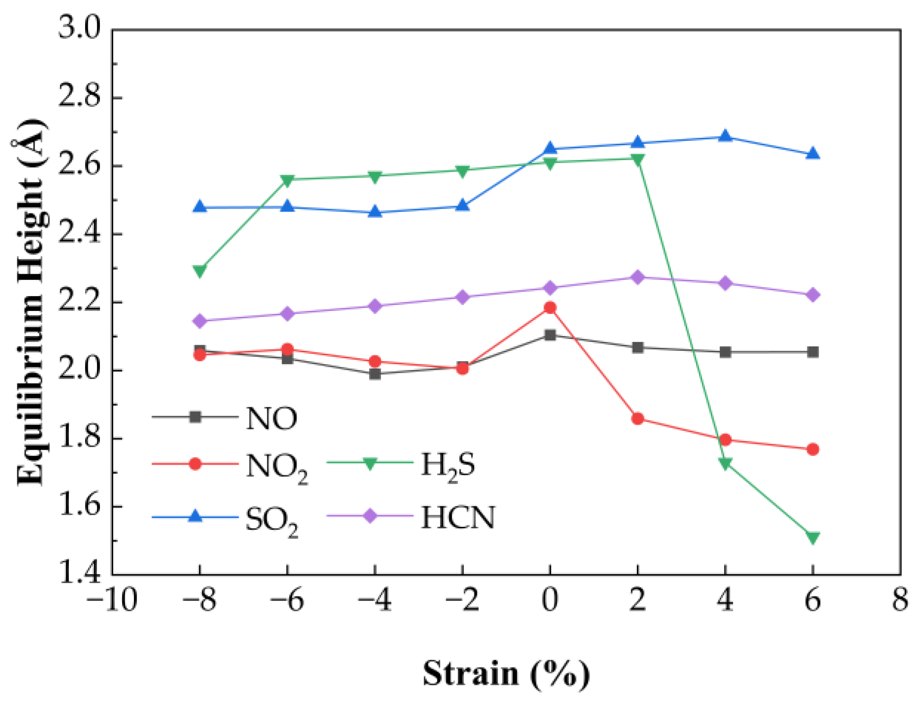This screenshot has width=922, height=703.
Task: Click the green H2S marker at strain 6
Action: pos(813,537)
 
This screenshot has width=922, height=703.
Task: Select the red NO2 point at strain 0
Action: pos(550,308)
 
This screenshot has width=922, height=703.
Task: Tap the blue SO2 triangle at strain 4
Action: pos(725,136)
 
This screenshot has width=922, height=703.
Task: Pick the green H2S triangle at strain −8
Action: pos(200,271)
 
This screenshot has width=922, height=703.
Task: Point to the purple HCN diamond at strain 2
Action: pos(637,277)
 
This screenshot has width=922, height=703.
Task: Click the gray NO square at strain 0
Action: pos(550,336)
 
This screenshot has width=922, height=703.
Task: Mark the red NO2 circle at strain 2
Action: pos(637,419)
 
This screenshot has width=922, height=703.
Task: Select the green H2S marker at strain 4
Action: pos(725,463)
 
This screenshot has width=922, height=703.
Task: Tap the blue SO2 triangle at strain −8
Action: pos(200,207)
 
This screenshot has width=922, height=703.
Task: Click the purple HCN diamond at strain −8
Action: pos(200,321)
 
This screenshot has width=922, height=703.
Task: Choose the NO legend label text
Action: pos(271,419)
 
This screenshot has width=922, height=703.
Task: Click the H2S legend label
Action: pos(448,465)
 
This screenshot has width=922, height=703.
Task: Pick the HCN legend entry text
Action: pos(458,518)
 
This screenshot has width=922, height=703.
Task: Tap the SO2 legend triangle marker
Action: pos(195,516)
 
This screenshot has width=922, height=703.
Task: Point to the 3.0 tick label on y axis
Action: pos(79,28)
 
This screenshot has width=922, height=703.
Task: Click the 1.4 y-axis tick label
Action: pos(79,573)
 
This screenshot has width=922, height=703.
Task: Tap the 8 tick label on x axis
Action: pos(900,601)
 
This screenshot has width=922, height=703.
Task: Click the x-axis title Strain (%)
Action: pos(506,673)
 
